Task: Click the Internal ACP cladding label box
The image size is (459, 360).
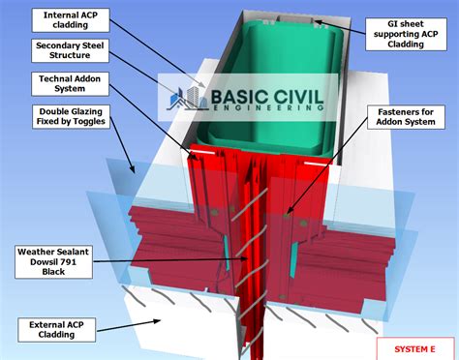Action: point(69,19)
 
